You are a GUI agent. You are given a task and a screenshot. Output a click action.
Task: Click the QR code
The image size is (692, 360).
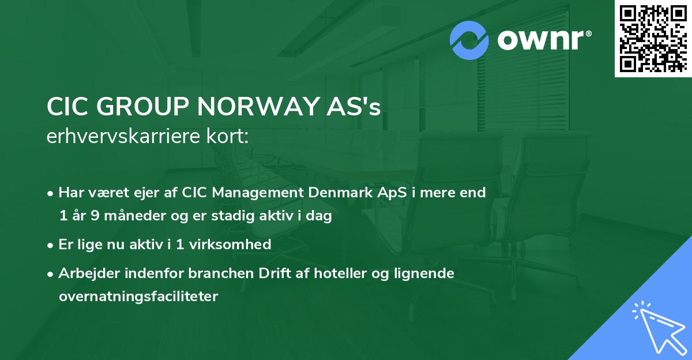(x=653, y=39)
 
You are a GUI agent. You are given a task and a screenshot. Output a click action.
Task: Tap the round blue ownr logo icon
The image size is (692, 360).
(x=469, y=40)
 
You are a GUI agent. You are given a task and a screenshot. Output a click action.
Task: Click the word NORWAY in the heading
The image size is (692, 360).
(x=252, y=107)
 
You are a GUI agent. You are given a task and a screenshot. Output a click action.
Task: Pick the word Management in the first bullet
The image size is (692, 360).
(x=245, y=192)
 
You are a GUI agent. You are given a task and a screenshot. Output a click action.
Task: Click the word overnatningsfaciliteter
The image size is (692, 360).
(x=138, y=297)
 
